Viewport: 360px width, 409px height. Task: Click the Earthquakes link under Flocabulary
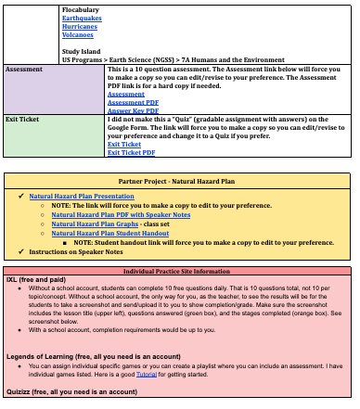pos(83,17)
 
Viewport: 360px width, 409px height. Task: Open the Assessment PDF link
pos(133,102)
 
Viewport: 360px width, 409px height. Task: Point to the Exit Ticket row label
pos(23,120)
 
